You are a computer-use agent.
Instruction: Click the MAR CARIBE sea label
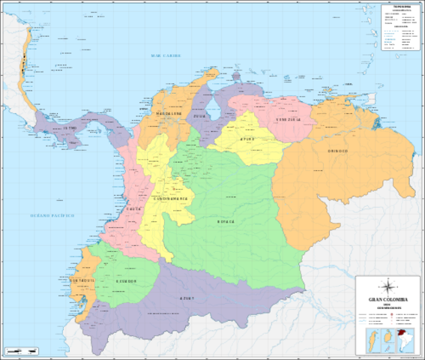click(x=166, y=55)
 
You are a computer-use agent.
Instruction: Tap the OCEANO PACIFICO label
click(x=52, y=216)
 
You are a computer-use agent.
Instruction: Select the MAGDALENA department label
click(x=169, y=114)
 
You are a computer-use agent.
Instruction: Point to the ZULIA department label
click(x=199, y=118)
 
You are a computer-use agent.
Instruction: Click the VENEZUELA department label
click(x=288, y=119)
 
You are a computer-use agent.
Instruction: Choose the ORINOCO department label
click(x=337, y=151)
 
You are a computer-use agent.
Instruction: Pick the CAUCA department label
click(x=134, y=209)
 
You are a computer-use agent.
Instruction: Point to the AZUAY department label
click(x=187, y=299)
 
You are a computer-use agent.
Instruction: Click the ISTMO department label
click(x=70, y=129)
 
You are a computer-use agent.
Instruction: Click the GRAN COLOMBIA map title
click(x=388, y=298)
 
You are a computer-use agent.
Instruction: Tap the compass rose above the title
click(x=388, y=285)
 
